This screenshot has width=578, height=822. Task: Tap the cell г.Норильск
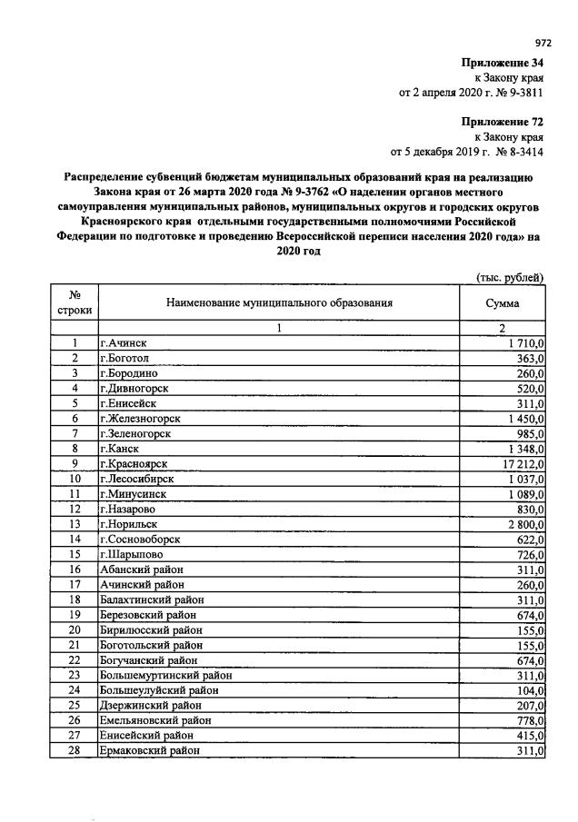tap(131, 524)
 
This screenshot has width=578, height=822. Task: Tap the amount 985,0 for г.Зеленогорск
tap(528, 433)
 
